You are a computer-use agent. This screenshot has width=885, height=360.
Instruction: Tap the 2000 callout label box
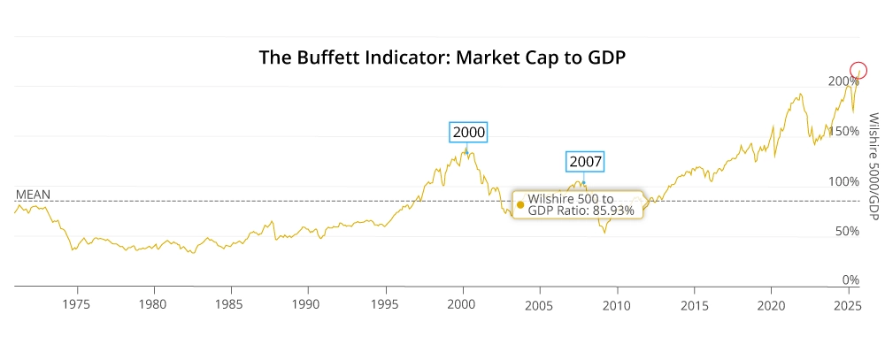469,132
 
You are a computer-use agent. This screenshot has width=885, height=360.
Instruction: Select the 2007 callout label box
585,162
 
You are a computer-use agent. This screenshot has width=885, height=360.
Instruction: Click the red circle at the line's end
858,70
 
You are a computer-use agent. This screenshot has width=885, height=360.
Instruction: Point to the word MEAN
34,194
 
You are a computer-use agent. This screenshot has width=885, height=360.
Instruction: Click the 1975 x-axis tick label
78,304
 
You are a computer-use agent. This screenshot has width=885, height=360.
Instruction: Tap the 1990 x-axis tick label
308,304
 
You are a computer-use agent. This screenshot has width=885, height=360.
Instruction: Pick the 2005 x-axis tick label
539,304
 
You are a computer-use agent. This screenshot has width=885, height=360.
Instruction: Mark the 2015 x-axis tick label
694,304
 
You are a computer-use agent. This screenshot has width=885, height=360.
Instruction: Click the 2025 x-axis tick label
848,304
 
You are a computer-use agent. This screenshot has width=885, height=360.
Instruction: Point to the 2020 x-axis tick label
771,304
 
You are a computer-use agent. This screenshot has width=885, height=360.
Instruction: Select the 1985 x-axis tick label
231,304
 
